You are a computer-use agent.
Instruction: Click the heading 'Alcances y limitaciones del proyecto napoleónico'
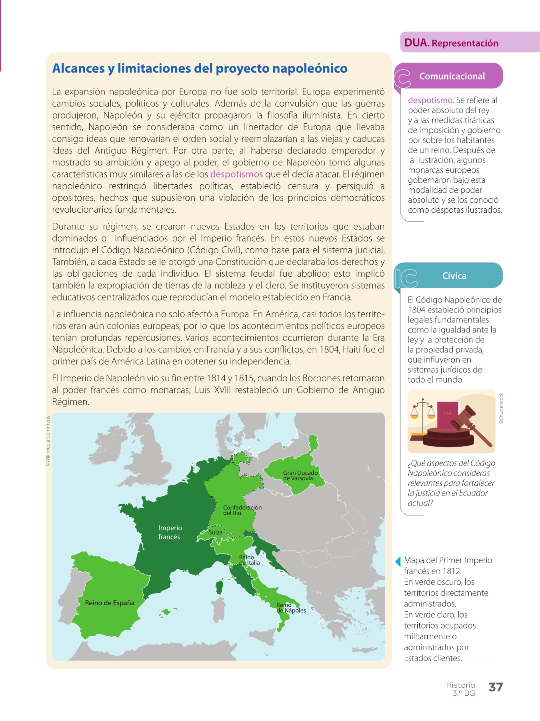point(200,68)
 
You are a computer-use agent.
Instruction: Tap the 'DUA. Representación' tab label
point(451,43)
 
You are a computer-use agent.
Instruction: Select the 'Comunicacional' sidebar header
point(452,76)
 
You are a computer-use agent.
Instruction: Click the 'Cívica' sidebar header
point(454,276)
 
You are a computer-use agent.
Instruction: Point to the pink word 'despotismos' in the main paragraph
point(236,174)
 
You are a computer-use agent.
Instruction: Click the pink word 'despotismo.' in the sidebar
point(430,100)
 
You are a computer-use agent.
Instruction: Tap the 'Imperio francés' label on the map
point(170,532)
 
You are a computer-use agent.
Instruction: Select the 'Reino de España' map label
point(110,603)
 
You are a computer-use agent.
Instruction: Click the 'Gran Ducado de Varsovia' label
point(300,475)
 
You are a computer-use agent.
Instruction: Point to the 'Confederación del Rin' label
point(242,510)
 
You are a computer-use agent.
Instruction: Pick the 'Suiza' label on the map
point(215,532)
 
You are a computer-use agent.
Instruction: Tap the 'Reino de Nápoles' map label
point(291,608)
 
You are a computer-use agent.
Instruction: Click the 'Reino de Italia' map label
point(249,560)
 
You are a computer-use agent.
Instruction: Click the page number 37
point(495,687)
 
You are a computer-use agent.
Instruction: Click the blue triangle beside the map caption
point(398,561)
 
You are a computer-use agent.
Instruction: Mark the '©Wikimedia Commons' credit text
point(48,441)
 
